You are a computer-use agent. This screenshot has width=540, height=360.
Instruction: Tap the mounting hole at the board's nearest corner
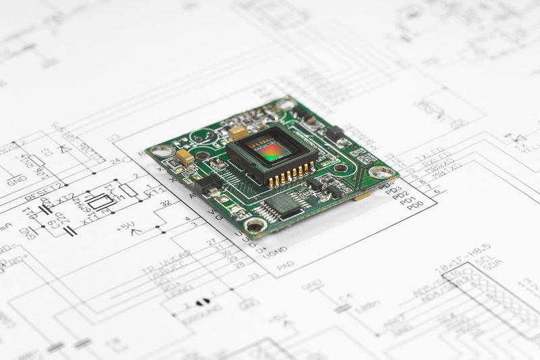[x=255, y=225]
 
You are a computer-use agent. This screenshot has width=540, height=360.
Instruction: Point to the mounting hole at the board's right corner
[x=379, y=172]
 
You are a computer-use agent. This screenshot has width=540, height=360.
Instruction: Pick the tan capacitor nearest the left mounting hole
[x=184, y=157]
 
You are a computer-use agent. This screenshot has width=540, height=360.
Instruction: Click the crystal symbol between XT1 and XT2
[x=101, y=201]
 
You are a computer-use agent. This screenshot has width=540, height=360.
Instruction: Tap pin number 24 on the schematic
[x=115, y=161]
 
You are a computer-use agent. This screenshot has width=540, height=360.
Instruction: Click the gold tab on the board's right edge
[x=362, y=196]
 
